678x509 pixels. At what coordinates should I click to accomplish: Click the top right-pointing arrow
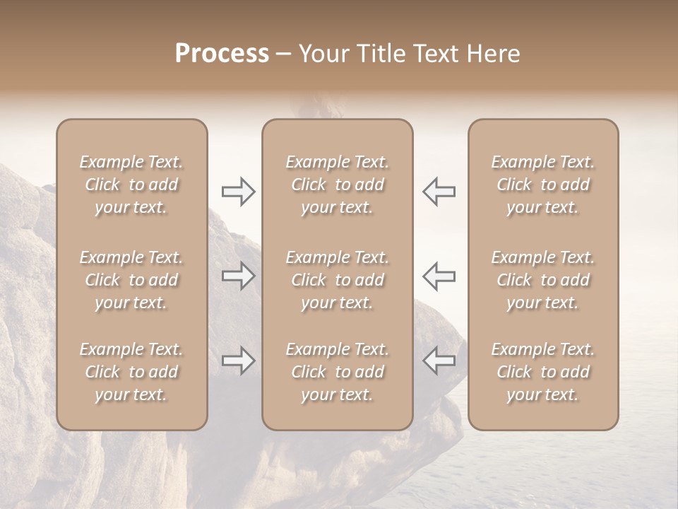[239, 192]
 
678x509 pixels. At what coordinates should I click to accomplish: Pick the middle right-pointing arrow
[239, 276]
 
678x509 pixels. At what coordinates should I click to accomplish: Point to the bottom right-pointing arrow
[239, 361]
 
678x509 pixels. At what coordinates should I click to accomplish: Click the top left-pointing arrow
[439, 192]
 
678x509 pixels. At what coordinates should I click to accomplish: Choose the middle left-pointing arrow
[439, 276]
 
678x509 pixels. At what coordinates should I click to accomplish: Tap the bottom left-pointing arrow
[439, 361]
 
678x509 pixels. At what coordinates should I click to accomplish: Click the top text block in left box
[131, 185]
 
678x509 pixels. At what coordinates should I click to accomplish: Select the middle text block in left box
[131, 280]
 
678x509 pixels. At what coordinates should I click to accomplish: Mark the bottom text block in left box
[131, 372]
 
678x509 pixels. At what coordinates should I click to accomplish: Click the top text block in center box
[338, 185]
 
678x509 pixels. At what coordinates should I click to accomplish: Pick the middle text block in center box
[338, 280]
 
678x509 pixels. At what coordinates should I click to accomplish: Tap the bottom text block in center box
[338, 372]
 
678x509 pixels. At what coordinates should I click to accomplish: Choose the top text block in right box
[543, 185]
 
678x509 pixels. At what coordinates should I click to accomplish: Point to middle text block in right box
[543, 280]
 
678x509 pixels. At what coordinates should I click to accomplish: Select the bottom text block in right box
[543, 372]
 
